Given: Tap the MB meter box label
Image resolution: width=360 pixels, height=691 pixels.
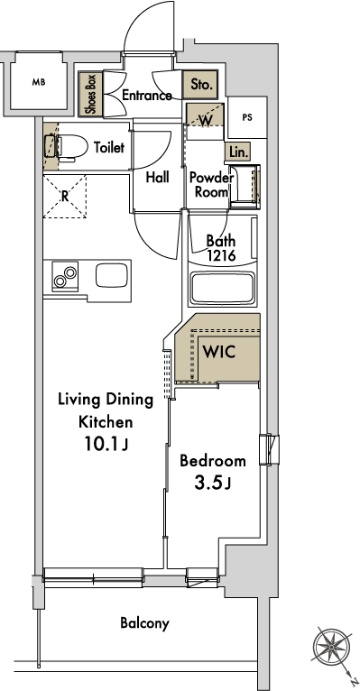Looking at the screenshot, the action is click(x=39, y=82).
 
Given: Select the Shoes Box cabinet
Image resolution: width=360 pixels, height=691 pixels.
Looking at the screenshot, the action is click(x=91, y=95).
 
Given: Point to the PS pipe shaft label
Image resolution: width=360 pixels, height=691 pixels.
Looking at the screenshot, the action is click(x=247, y=117).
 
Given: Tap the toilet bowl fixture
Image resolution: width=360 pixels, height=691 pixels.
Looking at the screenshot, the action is click(x=66, y=146).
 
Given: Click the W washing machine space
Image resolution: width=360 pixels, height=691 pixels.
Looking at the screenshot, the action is click(x=205, y=115).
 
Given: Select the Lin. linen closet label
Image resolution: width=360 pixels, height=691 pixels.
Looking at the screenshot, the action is click(x=238, y=152).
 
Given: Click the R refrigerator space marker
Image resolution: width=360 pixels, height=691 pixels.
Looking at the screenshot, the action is click(x=65, y=196).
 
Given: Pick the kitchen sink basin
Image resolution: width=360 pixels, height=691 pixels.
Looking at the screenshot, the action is click(x=112, y=276).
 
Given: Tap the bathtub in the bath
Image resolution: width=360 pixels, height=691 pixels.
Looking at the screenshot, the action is click(x=222, y=288).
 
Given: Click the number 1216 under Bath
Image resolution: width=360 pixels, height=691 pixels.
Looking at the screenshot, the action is click(x=222, y=255).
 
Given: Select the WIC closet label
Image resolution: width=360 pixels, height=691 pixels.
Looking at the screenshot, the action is click(x=218, y=352).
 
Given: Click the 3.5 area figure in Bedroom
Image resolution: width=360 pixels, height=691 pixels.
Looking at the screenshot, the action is click(x=209, y=483).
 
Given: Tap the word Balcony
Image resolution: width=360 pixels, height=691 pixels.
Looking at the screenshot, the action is click(x=144, y=623).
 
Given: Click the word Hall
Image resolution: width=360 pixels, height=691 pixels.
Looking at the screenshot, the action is click(x=157, y=177).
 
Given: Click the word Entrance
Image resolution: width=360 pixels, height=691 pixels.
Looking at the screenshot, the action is click(x=147, y=96).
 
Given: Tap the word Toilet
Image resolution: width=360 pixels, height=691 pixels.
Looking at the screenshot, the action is click(x=109, y=147).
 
